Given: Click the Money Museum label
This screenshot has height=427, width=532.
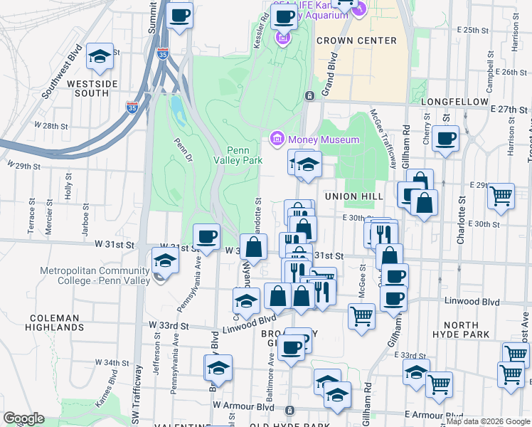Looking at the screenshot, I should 324,139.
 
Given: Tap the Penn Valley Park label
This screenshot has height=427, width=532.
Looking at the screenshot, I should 245,155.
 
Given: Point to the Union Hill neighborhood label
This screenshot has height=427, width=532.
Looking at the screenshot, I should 354,196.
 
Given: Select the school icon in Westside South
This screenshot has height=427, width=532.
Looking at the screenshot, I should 100,56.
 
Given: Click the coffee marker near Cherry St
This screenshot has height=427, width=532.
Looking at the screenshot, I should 446,139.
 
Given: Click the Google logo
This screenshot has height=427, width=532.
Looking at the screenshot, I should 23,418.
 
